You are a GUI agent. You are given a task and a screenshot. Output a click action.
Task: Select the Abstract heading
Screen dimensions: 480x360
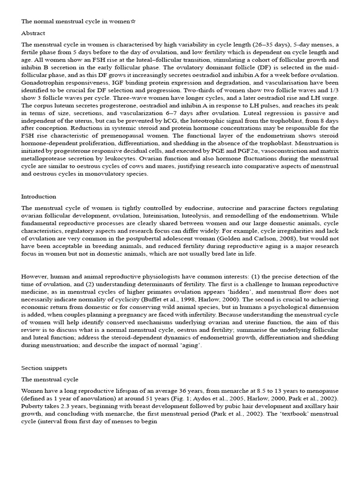[33, 33]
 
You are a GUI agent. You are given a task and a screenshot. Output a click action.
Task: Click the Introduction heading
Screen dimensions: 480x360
[38, 196]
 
